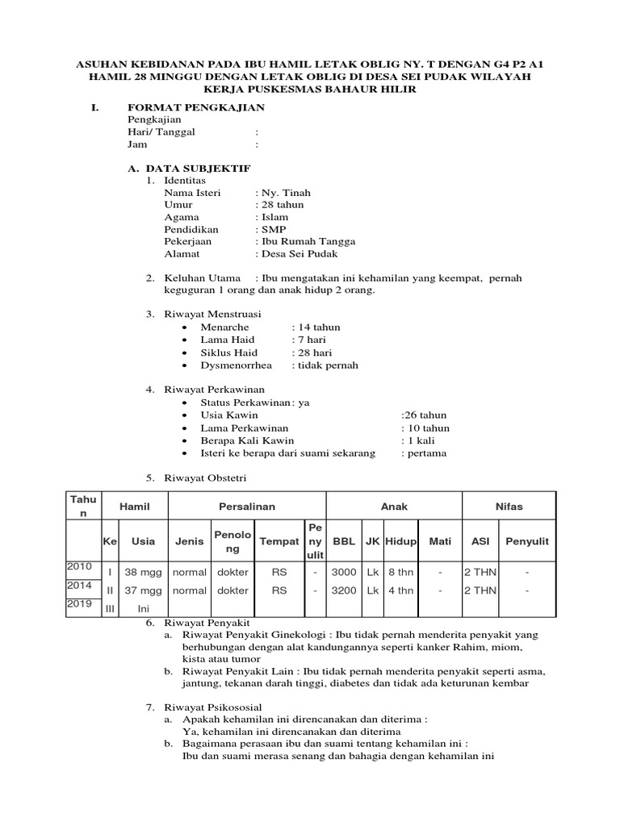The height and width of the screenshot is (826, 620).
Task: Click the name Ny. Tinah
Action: point(284,193)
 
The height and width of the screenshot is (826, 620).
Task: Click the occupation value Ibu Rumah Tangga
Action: point(307,241)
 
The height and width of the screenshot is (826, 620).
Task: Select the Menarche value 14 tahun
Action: point(318,327)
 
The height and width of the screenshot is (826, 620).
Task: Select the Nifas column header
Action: point(509,507)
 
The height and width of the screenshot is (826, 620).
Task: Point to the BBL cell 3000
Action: point(344,571)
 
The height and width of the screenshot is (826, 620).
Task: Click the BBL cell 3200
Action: point(344,590)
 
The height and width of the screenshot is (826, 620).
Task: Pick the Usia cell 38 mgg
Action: point(144,571)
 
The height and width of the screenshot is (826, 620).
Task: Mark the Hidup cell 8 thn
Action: point(400,571)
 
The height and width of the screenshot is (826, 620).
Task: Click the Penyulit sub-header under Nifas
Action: point(526,541)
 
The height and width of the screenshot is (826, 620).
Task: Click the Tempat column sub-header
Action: point(279,541)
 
